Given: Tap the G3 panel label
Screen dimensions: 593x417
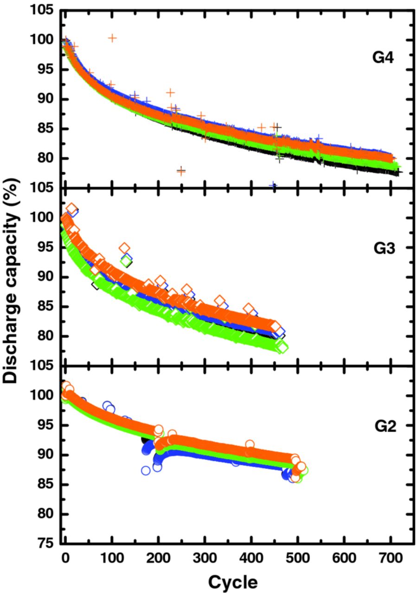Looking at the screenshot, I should tap(385, 249).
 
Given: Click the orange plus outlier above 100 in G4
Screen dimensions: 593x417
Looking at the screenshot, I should tap(112, 38).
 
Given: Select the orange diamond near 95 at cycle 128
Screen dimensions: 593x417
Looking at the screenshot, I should tap(124, 248).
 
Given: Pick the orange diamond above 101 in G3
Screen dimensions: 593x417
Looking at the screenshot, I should tap(72, 208).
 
